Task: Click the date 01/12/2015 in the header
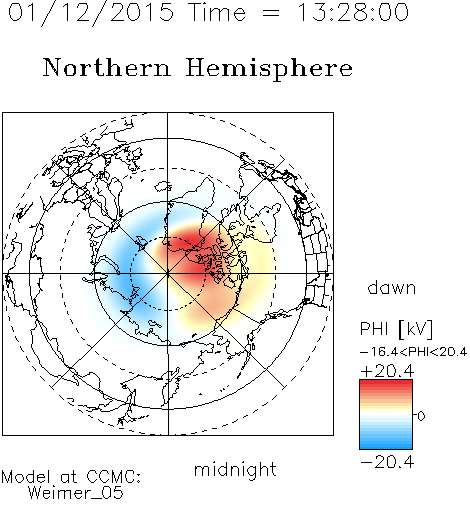coord(91,13)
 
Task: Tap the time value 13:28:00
coord(353,12)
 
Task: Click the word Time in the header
coord(217,12)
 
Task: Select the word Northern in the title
coord(107,68)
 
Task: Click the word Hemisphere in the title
coord(269,69)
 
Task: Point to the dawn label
coord(392,287)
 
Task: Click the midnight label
coord(235,469)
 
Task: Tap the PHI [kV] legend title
coord(396,329)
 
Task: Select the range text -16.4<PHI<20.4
coord(413,352)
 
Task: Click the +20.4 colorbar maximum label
coord(387,371)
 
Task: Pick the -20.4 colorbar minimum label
coord(387,462)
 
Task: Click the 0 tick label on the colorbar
coord(421,416)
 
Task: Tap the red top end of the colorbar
coord(386,383)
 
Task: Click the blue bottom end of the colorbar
coord(386,446)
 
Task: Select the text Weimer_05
coord(75,493)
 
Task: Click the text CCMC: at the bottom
coord(114,477)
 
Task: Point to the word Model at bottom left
coord(26,477)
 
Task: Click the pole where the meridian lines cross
coord(168,274)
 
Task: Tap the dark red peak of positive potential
coord(187,242)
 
